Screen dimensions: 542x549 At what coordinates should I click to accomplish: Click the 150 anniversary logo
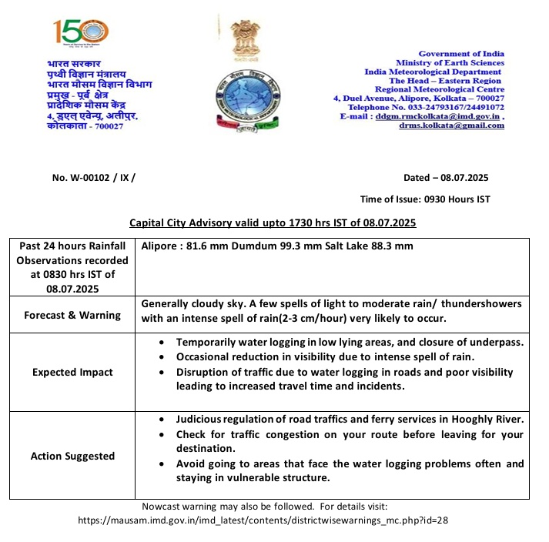tap(81, 32)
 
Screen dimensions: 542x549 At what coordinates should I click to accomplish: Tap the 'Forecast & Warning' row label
tap(72, 315)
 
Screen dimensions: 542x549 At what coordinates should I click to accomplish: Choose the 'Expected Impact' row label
tap(72, 372)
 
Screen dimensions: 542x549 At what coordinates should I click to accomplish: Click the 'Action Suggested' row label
tap(72, 456)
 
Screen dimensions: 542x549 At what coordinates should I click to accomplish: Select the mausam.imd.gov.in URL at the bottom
tap(263, 520)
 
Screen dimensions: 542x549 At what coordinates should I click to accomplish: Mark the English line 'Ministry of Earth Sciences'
tap(450, 62)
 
